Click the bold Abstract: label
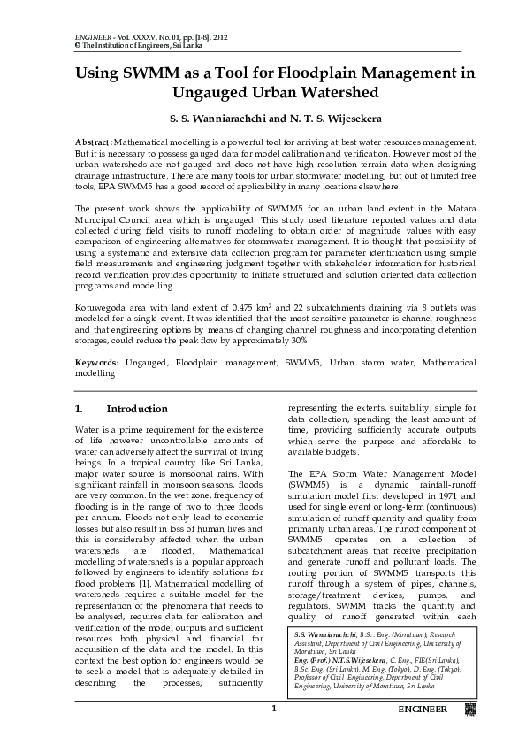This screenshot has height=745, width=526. [93, 142]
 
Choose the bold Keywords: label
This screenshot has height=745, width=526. [96, 363]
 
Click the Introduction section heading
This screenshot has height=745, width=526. [136, 409]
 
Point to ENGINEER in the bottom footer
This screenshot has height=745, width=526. [423, 710]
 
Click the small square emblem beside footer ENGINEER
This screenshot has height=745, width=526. [470, 710]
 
